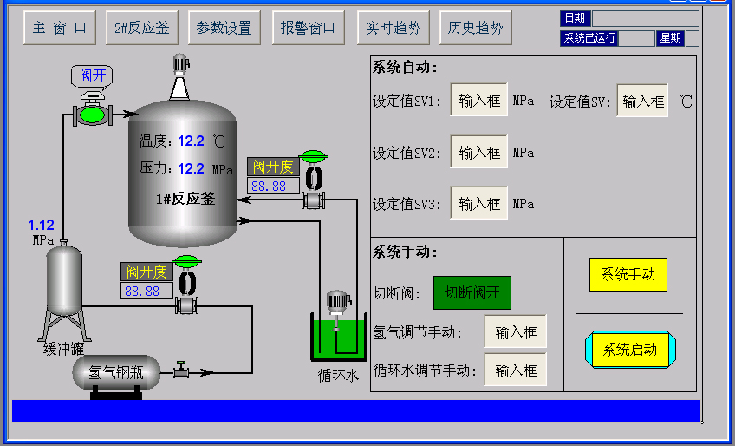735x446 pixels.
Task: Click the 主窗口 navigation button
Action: coord(59,28)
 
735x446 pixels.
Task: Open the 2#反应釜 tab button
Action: coord(142,28)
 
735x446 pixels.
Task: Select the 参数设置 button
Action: coord(224,28)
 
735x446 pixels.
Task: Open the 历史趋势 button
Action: coord(475,28)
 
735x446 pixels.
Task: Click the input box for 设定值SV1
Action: coord(479,101)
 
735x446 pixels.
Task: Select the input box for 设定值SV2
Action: coord(479,153)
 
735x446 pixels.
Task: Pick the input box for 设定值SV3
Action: coord(479,204)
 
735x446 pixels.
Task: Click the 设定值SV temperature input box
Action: coord(643,101)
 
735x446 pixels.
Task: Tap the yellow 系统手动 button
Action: coord(628,275)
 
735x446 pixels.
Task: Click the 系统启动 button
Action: coord(629,350)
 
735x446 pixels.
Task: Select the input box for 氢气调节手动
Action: coord(516,331)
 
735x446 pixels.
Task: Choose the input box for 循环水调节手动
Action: coord(516,371)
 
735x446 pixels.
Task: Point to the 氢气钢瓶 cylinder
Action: coord(116,374)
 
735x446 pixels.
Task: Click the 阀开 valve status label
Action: coord(93,76)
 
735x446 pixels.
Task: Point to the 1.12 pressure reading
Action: coord(42,226)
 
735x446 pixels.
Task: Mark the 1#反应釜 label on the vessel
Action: coord(185,199)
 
